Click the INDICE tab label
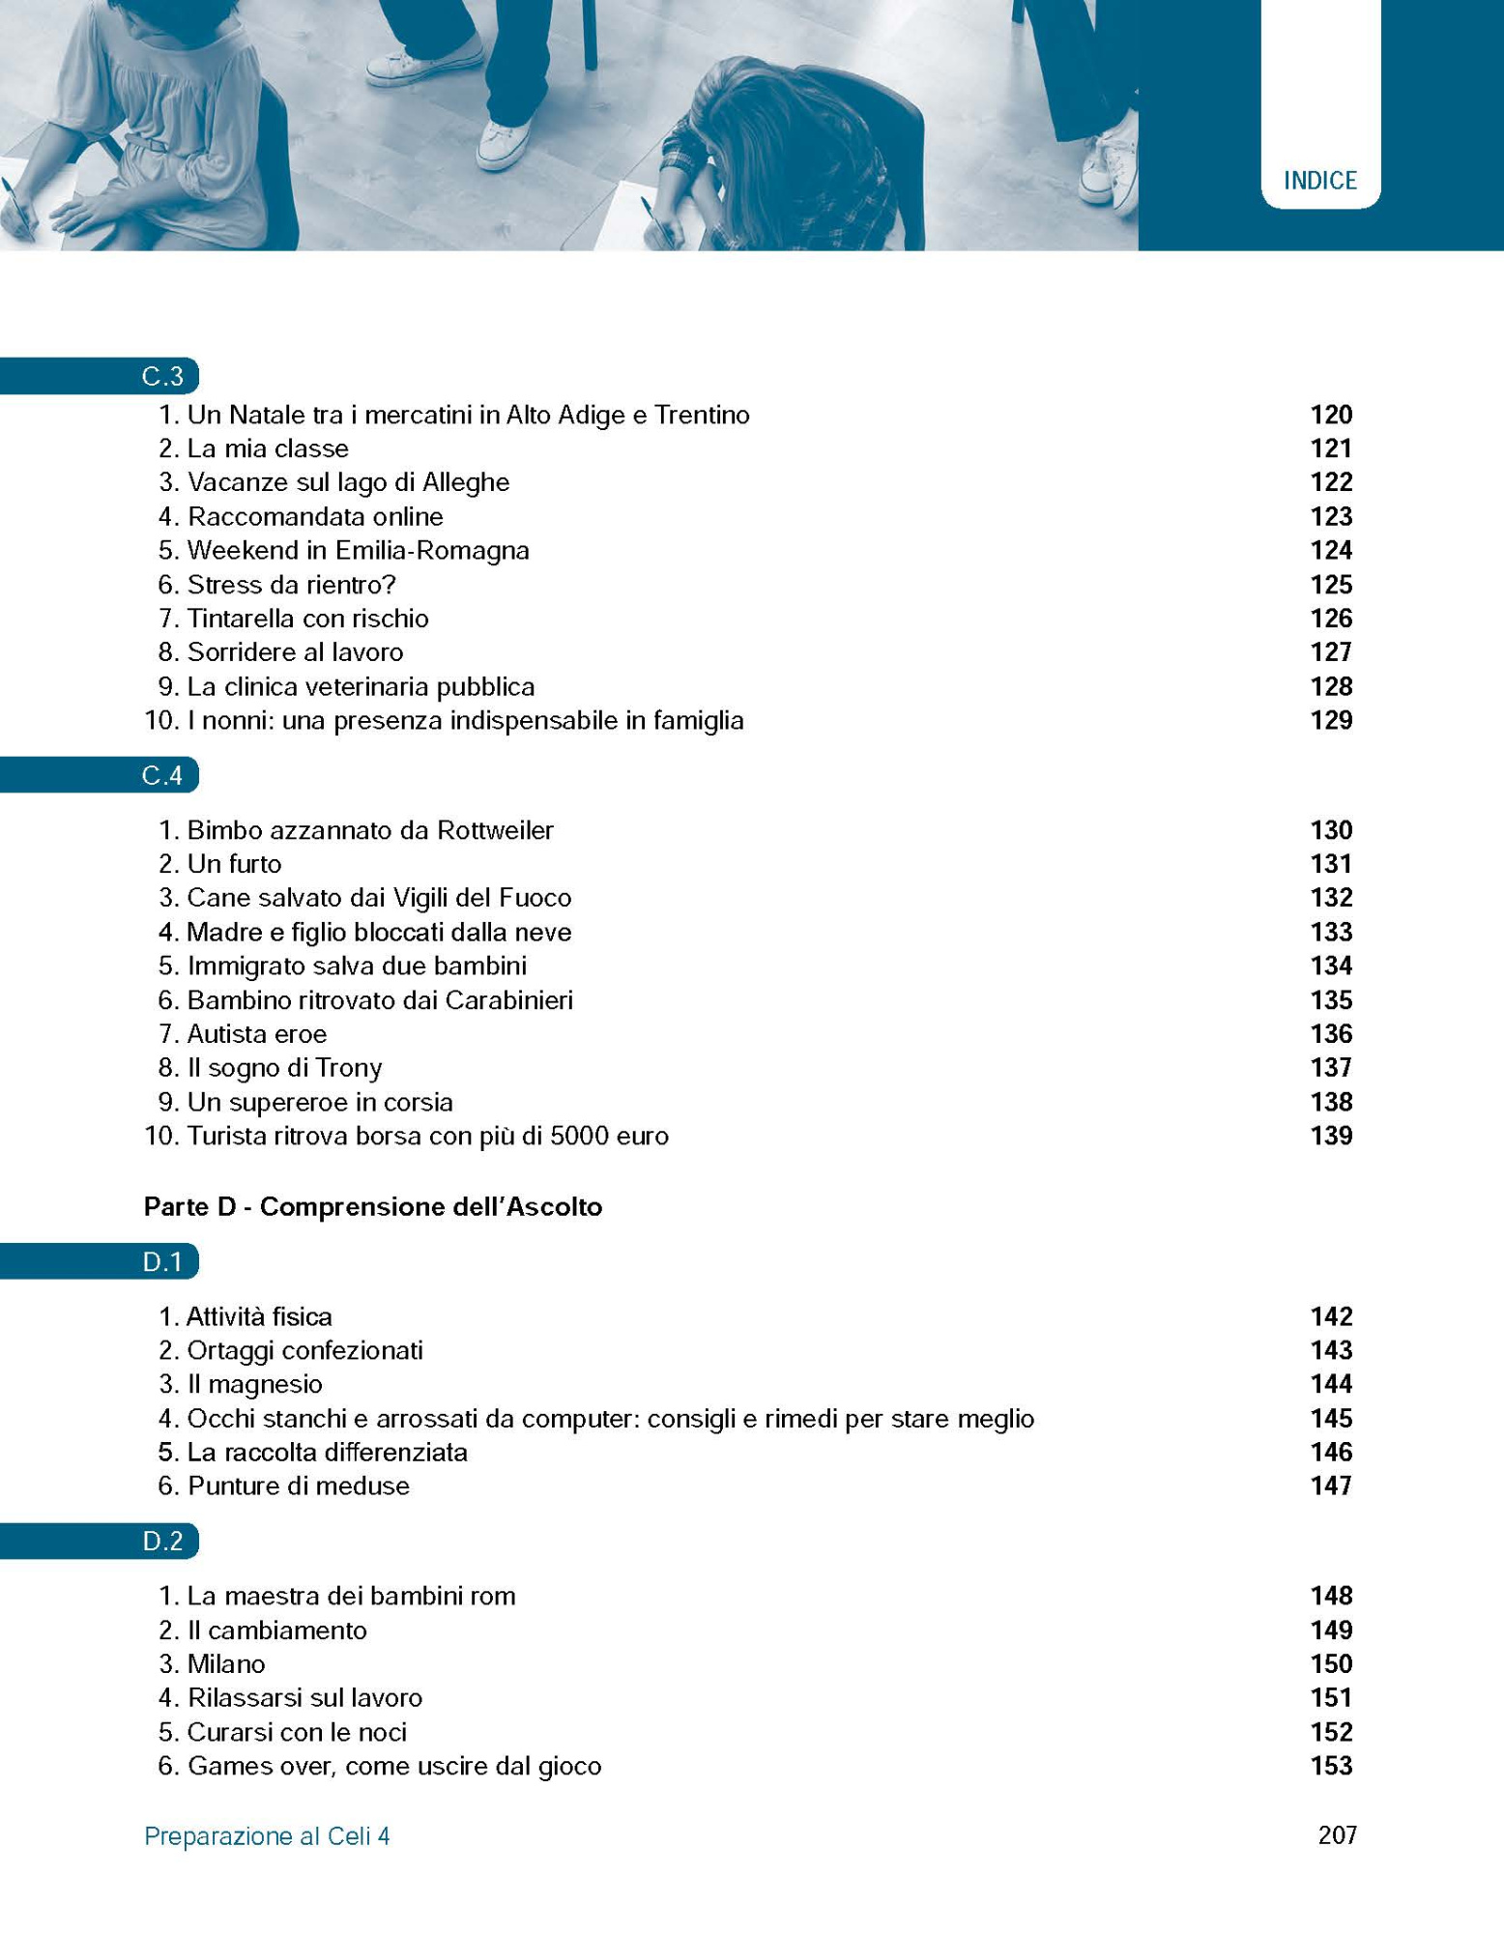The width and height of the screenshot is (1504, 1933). click(1319, 181)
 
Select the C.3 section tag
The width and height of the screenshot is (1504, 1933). click(162, 376)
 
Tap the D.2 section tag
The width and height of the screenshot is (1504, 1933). click(162, 1541)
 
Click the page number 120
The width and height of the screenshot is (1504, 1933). click(1330, 415)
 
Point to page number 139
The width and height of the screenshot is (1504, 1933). click(1330, 1136)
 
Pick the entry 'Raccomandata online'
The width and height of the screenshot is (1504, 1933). click(315, 516)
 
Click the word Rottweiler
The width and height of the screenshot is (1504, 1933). click(495, 830)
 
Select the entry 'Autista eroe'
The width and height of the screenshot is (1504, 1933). click(257, 1034)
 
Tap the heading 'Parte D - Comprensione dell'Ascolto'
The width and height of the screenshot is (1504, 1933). click(373, 1206)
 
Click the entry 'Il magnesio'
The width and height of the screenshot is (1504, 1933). click(255, 1384)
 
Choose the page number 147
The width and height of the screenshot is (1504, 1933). click(1330, 1486)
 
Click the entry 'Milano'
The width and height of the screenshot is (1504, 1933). click(226, 1663)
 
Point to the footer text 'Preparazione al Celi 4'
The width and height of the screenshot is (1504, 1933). click(267, 1836)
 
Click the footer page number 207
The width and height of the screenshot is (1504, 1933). click(1337, 1835)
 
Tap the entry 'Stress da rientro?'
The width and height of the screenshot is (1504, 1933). click(292, 585)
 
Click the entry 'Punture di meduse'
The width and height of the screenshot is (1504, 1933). click(299, 1486)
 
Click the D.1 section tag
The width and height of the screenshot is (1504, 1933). click(162, 1262)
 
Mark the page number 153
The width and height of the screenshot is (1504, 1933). click(1330, 1766)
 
